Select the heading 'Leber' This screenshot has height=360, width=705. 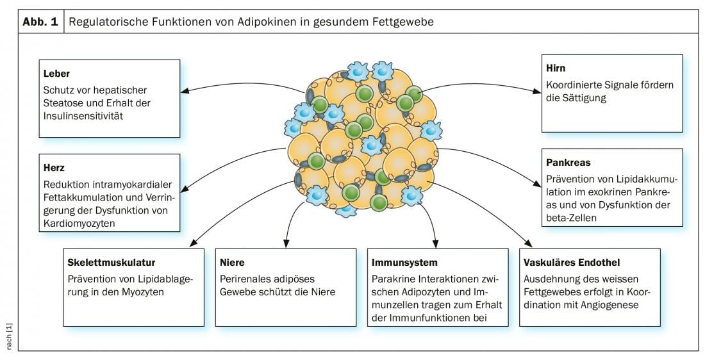pos(56,74)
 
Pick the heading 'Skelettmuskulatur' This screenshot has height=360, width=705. pos(112,263)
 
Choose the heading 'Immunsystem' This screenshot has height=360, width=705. pos(404,263)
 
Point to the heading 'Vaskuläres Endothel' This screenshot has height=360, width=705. pos(572,263)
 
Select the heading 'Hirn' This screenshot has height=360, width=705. pos(556,68)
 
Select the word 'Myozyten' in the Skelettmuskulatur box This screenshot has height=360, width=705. pos(147,292)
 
